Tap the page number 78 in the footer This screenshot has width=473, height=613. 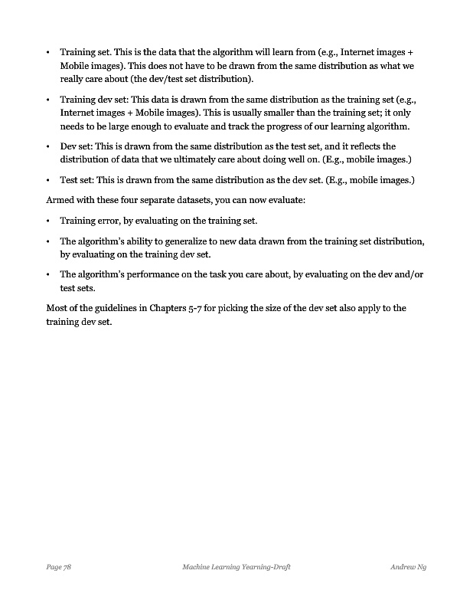click(x=67, y=567)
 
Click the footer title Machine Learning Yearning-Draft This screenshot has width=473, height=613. click(x=236, y=567)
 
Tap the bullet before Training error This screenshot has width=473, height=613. click(x=48, y=221)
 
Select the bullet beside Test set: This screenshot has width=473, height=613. click(x=48, y=181)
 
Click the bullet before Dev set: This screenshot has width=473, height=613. click(x=48, y=146)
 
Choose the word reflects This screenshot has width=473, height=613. click(x=360, y=146)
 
